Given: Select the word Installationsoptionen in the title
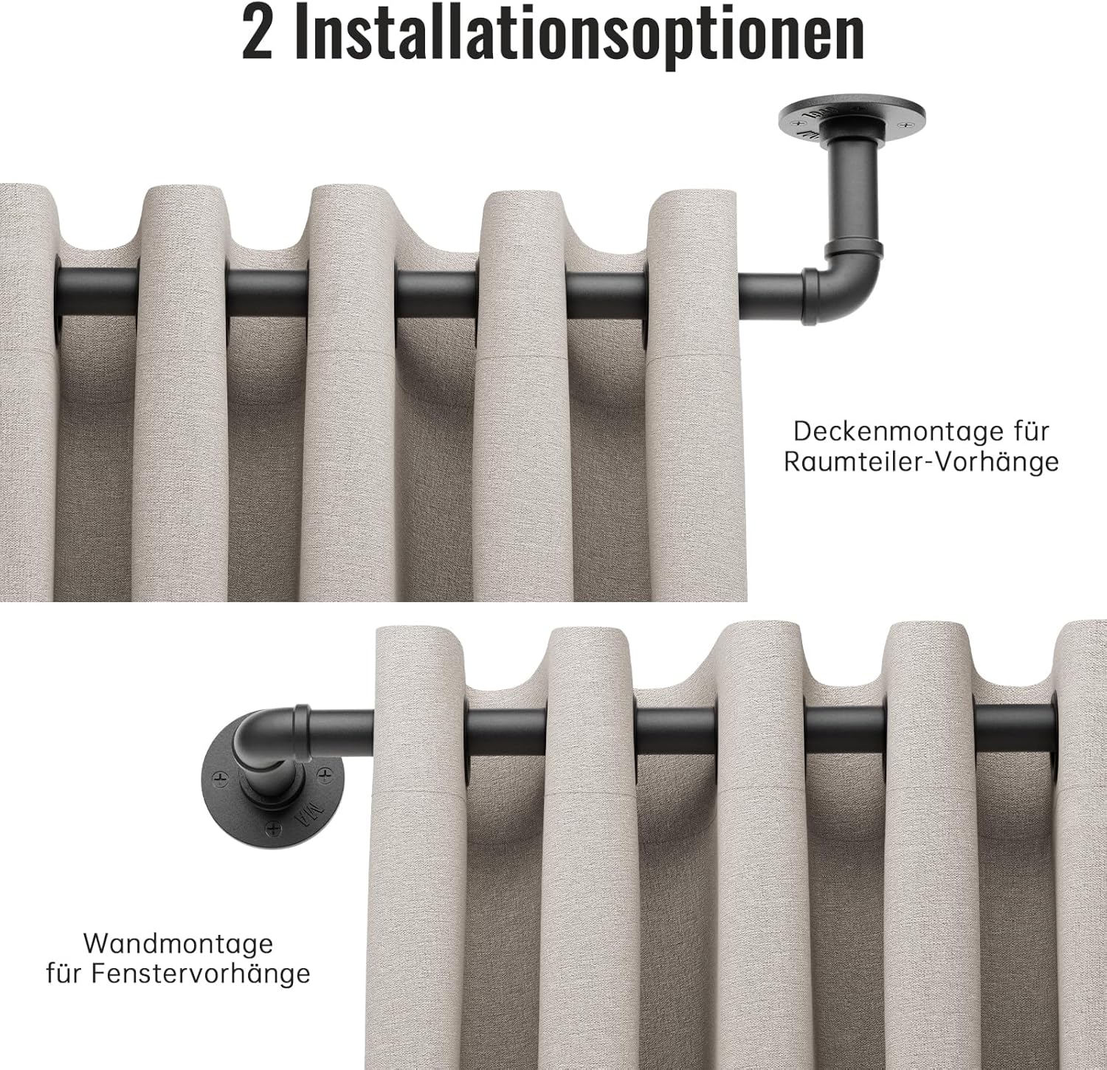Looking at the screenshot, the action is pyautogui.click(x=579, y=35).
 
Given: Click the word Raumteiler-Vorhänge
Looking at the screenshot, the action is pyautogui.click(x=921, y=461).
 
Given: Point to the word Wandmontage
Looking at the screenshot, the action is pyautogui.click(x=178, y=943).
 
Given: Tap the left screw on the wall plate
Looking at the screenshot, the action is pyautogui.click(x=218, y=777).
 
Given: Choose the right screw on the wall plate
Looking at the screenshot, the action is pyautogui.click(x=324, y=773).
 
